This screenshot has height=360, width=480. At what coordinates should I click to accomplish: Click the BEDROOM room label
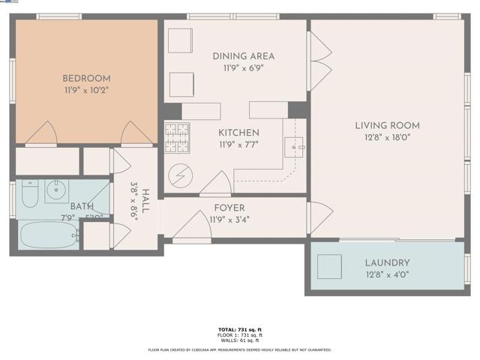tap(86, 78)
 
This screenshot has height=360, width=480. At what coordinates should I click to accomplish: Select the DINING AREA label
tap(243, 56)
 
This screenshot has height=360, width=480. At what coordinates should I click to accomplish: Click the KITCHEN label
tap(238, 133)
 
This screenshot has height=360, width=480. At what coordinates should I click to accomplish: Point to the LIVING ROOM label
tap(387, 125)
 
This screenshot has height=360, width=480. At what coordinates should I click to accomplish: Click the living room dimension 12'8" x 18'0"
tap(387, 137)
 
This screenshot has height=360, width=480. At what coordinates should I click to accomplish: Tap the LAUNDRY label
tap(387, 262)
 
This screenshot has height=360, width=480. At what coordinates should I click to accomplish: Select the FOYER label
tap(229, 208)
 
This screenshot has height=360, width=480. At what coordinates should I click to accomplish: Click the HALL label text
tap(145, 201)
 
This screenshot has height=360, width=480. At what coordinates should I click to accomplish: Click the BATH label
tap(82, 206)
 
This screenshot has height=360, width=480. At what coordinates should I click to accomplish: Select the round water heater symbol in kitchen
tap(181, 177)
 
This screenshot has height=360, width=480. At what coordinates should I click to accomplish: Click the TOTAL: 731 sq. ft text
tap(240, 329)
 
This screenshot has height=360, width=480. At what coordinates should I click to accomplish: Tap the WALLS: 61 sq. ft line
tap(240, 340)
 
